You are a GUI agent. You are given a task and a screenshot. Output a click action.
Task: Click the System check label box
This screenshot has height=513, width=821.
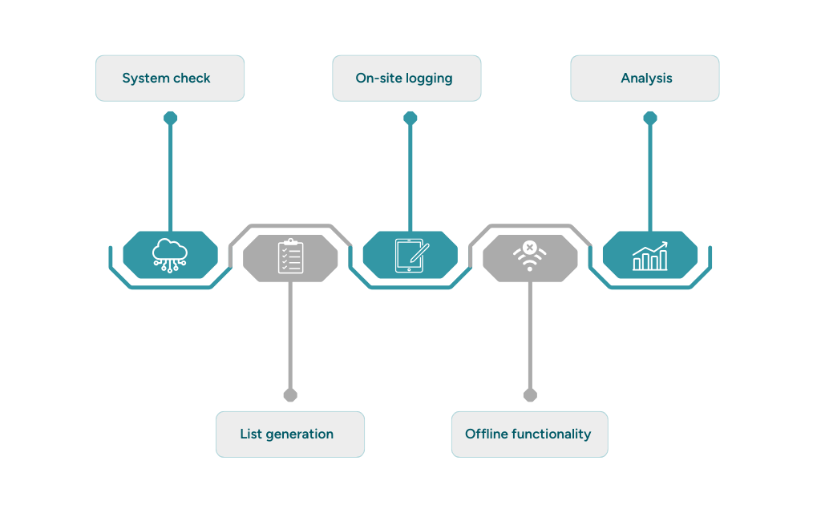[x=169, y=78]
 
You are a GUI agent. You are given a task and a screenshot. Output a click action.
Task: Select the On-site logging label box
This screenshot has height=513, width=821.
[x=406, y=78]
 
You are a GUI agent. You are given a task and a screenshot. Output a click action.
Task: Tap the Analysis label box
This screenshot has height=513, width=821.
[x=645, y=78]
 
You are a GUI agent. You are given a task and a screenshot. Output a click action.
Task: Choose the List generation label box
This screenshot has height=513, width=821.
[x=289, y=434]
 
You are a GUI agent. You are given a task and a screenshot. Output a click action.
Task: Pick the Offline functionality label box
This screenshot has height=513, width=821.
[x=529, y=434]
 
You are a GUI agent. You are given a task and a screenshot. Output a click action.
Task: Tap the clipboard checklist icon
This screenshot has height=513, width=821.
[x=290, y=256]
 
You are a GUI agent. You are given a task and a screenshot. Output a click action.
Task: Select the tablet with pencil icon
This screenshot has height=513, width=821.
[x=410, y=255]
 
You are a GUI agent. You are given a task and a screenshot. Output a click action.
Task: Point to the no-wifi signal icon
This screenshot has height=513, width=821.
[x=530, y=255]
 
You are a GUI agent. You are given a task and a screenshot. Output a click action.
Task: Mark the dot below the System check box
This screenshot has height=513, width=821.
[x=170, y=119]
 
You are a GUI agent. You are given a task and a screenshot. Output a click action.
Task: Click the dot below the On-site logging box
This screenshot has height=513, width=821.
[x=410, y=119]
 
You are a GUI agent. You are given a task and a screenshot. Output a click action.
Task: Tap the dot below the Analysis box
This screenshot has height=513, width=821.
[x=649, y=119]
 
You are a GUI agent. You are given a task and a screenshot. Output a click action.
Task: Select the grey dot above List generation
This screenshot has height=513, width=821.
[x=290, y=394]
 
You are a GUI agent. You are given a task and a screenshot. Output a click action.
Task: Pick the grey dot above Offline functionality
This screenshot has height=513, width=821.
[x=530, y=394]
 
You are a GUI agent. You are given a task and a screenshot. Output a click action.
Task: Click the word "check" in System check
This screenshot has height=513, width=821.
[x=192, y=78]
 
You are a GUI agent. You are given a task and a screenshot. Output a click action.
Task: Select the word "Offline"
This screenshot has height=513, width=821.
[x=483, y=434]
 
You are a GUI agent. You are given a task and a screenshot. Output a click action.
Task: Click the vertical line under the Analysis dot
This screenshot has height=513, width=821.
[x=649, y=176]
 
